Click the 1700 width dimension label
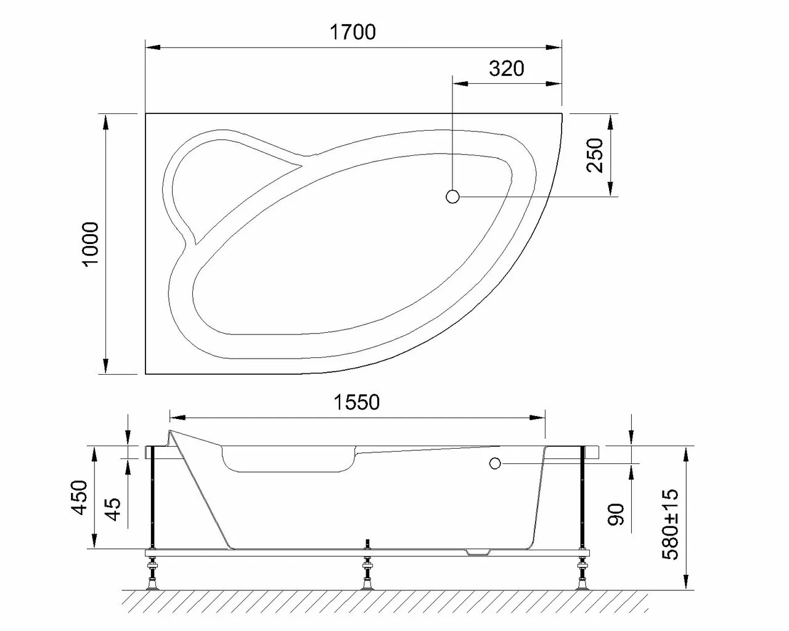click(353, 31)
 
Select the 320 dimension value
click(506, 68)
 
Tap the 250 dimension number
click(596, 155)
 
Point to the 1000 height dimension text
click(91, 243)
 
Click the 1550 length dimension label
click(357, 402)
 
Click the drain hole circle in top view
click(452, 197)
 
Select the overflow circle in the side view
click(494, 463)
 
